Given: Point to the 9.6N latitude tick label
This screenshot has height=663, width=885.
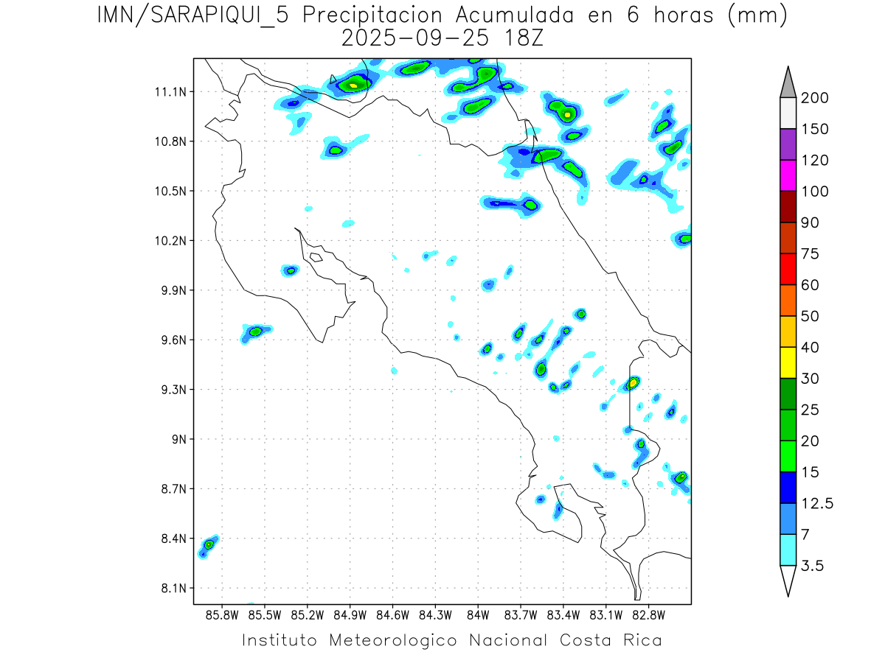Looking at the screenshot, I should [173, 340].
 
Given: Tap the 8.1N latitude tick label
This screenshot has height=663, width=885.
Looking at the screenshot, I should [173, 589].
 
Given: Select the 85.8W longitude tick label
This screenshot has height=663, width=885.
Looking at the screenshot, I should [223, 614].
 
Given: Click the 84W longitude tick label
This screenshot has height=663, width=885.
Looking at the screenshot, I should [478, 614].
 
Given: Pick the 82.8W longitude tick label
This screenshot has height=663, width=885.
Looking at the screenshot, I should [648, 614].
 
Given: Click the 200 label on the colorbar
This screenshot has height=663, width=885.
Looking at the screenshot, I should [815, 98].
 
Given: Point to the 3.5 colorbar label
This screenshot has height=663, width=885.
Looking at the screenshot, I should [813, 566].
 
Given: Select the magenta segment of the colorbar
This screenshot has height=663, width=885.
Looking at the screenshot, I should [788, 175].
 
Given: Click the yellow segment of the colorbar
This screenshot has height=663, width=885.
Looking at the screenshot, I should [788, 362].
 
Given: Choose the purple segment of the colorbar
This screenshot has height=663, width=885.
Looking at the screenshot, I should [788, 144].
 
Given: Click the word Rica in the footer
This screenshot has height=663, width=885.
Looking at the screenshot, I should [641, 640].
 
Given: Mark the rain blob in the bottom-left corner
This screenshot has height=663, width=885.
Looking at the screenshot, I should [209, 544].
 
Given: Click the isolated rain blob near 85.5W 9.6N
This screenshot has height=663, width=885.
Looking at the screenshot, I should [255, 332].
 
